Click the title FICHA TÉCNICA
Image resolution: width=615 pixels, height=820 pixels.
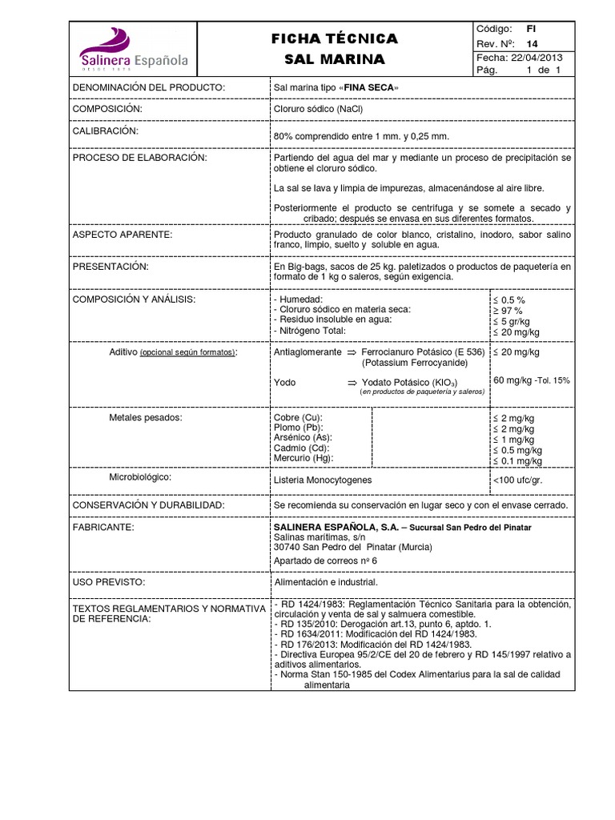(335, 39)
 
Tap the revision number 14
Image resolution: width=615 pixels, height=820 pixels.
(532, 43)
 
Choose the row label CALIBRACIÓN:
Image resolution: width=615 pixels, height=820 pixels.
(106, 130)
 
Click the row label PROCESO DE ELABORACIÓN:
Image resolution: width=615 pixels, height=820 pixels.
(139, 158)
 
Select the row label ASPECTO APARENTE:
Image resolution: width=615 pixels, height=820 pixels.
(123, 234)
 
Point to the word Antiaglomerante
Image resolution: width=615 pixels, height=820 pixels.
(307, 352)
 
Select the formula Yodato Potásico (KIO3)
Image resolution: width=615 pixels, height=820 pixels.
(408, 383)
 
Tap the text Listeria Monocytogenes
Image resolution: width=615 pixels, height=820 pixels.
(323, 480)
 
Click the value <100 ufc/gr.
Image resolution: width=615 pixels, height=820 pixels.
(520, 480)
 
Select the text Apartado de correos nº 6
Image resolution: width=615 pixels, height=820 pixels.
(325, 561)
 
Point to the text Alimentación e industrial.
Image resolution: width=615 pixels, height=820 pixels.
(325, 583)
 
